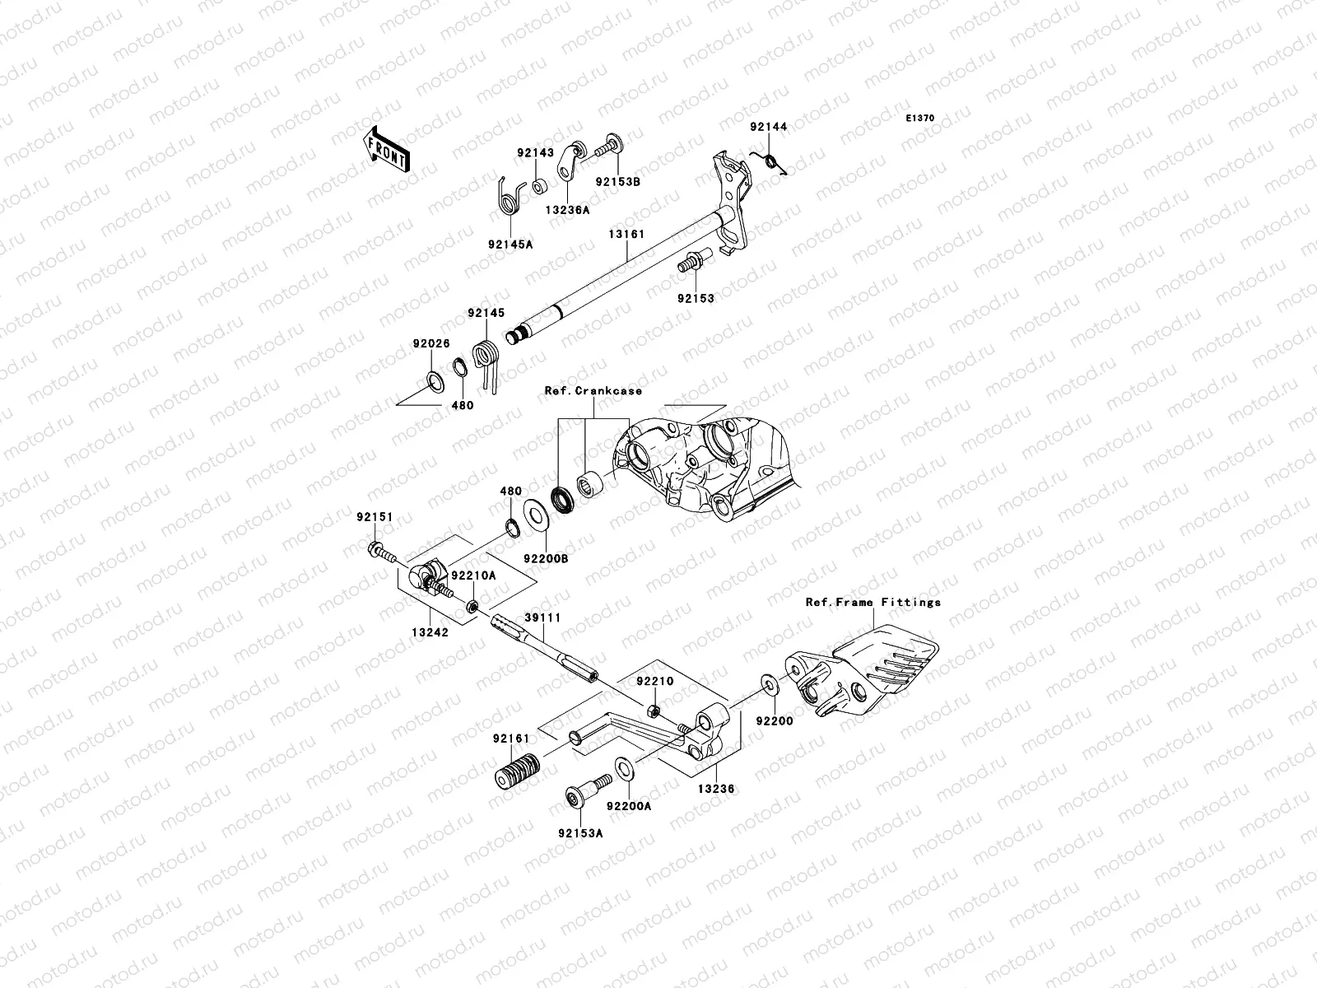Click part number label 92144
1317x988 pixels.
767,127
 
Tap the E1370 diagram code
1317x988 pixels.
920,119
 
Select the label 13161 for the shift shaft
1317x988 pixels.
626,235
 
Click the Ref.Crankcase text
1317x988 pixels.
593,391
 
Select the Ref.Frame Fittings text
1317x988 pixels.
873,602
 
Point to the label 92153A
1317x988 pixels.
582,833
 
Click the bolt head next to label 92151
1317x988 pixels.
375,551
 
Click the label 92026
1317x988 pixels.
431,343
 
